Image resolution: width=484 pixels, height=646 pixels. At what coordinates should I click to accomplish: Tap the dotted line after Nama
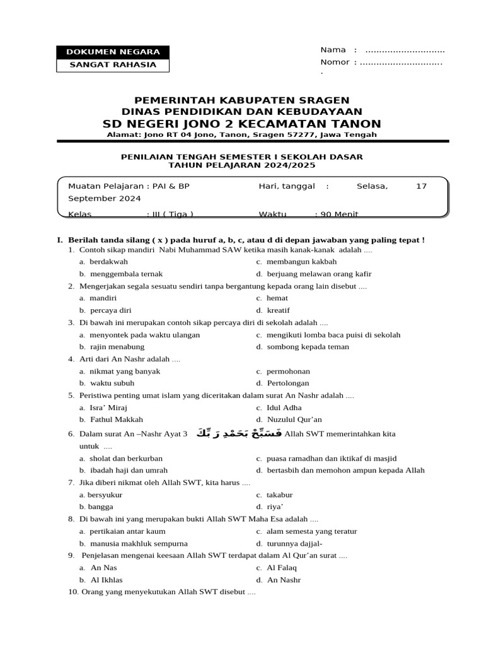click(x=405, y=50)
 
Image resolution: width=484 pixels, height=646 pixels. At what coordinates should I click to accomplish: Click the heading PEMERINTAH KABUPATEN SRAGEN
click(x=242, y=100)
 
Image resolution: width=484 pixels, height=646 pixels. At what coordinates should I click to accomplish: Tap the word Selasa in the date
click(x=372, y=186)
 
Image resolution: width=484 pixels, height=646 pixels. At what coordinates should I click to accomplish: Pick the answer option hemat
click(x=277, y=298)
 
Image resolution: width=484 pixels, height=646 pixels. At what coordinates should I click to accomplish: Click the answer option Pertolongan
click(x=287, y=383)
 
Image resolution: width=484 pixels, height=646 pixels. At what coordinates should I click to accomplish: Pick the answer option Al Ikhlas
click(x=107, y=580)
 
